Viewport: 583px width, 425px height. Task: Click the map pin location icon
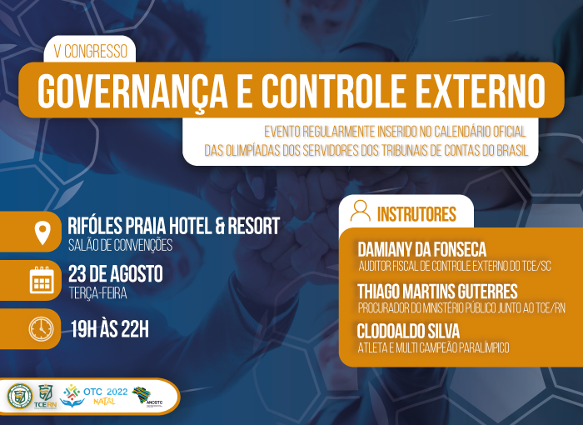click(x=42, y=233)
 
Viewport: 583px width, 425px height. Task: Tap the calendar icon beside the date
click(x=42, y=280)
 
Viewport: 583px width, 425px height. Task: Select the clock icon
click(x=42, y=329)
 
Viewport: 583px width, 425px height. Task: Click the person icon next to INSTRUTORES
click(x=361, y=211)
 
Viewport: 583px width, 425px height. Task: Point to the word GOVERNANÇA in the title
click(x=132, y=92)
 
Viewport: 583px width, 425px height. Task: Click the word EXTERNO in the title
click(x=481, y=91)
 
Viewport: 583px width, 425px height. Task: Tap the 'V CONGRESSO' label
click(x=90, y=52)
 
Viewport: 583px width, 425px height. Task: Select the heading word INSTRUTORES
click(x=416, y=214)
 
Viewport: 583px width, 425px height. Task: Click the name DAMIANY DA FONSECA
click(x=421, y=249)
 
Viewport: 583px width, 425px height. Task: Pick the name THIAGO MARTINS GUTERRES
click(x=437, y=291)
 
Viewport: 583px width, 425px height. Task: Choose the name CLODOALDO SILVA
click(x=408, y=331)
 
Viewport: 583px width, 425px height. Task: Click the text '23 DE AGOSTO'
click(x=115, y=274)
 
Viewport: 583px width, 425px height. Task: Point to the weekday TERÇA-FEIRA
click(x=97, y=293)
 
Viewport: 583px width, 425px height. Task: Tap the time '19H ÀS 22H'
click(x=110, y=329)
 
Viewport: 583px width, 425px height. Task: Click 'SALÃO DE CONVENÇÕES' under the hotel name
click(x=121, y=245)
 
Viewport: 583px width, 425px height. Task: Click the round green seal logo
click(x=20, y=396)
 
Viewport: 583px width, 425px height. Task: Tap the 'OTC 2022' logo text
click(x=105, y=392)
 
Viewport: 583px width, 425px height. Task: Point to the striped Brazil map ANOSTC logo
click(x=142, y=395)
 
